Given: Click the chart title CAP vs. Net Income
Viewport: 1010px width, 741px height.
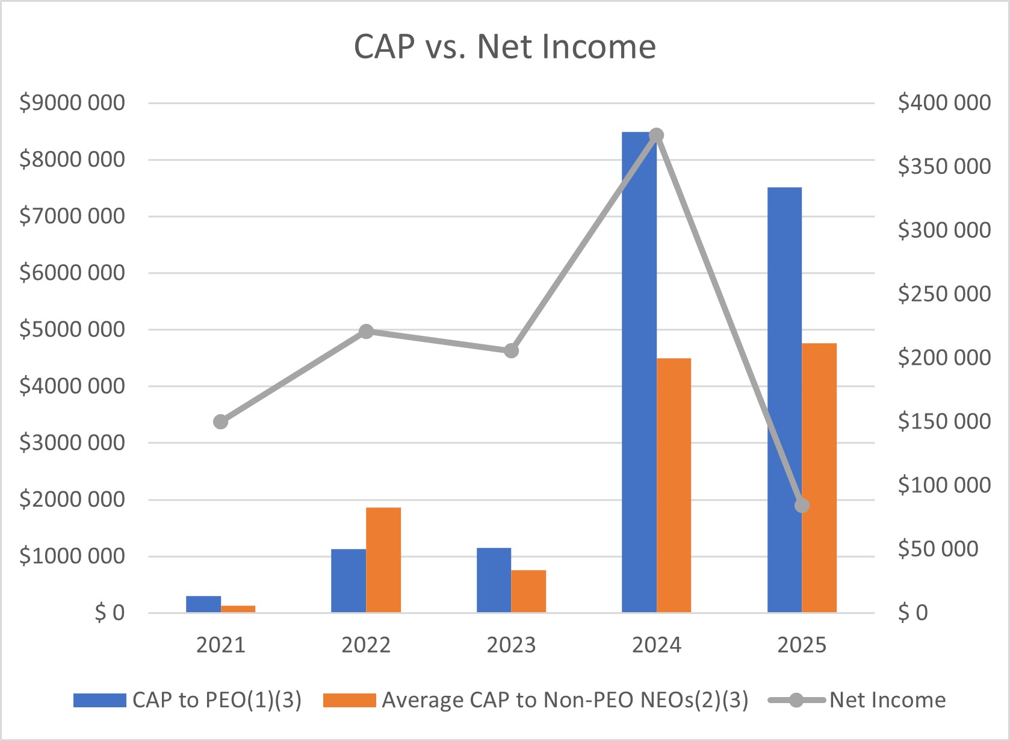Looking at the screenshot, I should point(504,47).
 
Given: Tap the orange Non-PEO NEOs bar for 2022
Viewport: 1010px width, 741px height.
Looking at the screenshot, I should point(383,560).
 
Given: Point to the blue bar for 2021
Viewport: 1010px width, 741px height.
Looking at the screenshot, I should point(203,604).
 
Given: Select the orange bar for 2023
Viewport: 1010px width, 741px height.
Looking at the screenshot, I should point(528,591).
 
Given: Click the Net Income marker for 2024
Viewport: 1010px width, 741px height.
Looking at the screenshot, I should point(657,135).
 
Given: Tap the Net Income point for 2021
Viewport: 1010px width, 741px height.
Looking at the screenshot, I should point(221,421).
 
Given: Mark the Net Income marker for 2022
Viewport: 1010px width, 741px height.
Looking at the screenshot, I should point(366,331).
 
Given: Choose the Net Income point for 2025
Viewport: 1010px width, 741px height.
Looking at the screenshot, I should point(802,506).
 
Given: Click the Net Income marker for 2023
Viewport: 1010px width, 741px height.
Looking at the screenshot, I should point(511,350).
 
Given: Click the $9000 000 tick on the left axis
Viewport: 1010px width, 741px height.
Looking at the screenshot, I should point(72,103).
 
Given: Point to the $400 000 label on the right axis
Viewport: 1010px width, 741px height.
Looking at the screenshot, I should point(944,103).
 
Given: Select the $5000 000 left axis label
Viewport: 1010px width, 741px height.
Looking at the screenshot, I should point(72,329).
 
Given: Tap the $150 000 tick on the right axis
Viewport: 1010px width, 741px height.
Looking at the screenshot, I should point(944,421).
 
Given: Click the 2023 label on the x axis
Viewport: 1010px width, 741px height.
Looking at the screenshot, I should point(511,645).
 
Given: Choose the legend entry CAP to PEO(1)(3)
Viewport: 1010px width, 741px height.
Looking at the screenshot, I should point(187,700).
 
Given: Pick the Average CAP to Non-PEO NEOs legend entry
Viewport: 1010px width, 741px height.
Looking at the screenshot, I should point(536,700).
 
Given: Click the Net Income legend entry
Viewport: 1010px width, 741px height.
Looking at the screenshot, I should point(857,700).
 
